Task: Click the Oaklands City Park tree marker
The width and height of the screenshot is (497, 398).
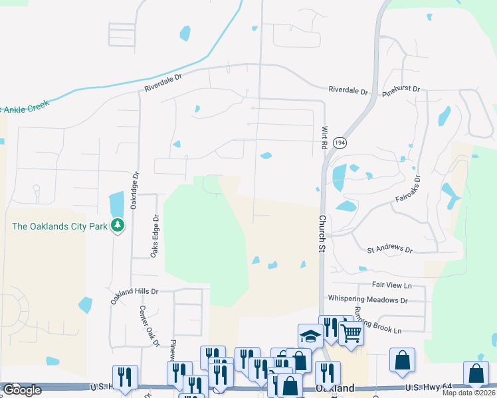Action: click(x=118, y=226)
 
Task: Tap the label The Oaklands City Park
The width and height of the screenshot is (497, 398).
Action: click(x=60, y=226)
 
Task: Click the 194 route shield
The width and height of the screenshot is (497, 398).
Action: click(x=340, y=143)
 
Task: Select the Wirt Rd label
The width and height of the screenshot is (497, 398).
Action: click(x=325, y=137)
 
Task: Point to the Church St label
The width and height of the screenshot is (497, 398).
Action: click(x=322, y=229)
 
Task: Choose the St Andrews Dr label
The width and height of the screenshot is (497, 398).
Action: click(x=390, y=249)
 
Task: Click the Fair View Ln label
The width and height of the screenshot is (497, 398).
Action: click(x=392, y=285)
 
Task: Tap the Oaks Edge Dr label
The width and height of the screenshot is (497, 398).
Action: click(x=156, y=235)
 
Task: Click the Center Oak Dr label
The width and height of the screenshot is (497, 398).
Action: click(x=150, y=326)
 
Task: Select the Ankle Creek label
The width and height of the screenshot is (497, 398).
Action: click(x=27, y=108)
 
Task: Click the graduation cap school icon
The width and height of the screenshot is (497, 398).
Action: click(x=310, y=336)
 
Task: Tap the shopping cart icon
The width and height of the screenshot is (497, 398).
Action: click(x=351, y=333)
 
